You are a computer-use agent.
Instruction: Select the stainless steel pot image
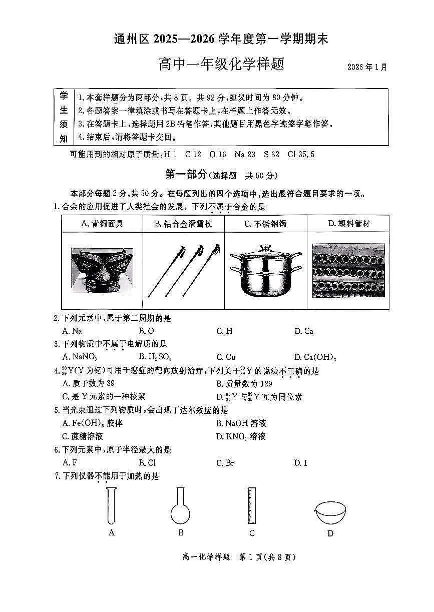265,270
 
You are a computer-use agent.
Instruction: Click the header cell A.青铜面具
102,224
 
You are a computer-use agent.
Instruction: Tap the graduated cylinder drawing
251,505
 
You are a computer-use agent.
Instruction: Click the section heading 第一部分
186,175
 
